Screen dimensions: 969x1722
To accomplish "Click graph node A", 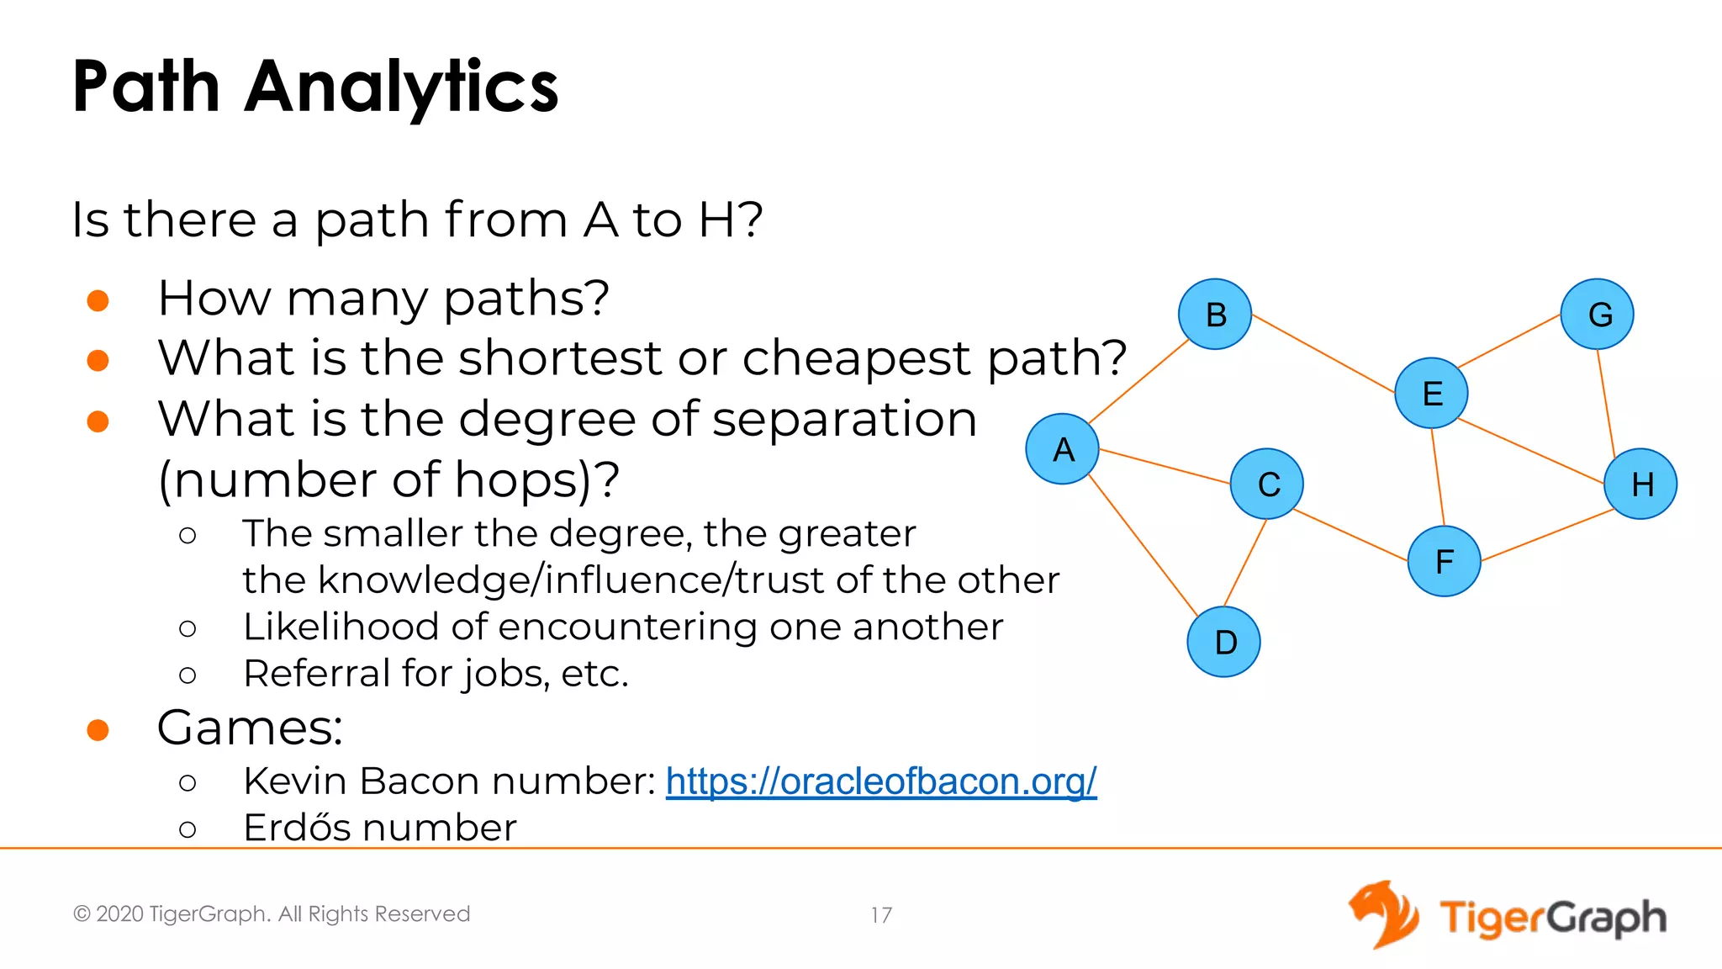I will [x=1063, y=449].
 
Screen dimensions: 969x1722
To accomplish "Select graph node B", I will [x=1215, y=315].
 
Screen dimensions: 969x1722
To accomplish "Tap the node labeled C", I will [x=1267, y=484].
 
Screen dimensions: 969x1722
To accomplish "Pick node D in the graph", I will [x=1224, y=642].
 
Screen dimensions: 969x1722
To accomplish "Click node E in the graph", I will [x=1431, y=393].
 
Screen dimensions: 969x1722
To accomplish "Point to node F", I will [x=1444, y=561].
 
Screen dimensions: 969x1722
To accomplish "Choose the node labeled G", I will [x=1598, y=315].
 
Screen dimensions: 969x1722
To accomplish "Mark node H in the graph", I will [x=1640, y=484].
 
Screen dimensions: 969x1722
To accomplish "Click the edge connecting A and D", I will [x=1143, y=545].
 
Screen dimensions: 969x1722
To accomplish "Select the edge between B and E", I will [x=1323, y=353].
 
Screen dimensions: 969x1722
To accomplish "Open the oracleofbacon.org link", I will [x=881, y=781].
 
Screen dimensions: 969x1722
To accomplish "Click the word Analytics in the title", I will [x=401, y=87].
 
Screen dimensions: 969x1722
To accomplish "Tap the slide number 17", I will [x=881, y=915].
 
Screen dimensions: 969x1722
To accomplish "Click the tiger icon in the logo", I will [x=1383, y=914].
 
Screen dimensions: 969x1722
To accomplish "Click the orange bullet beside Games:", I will [x=98, y=730].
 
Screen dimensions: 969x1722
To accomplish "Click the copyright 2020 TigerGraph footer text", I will [x=272, y=914].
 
